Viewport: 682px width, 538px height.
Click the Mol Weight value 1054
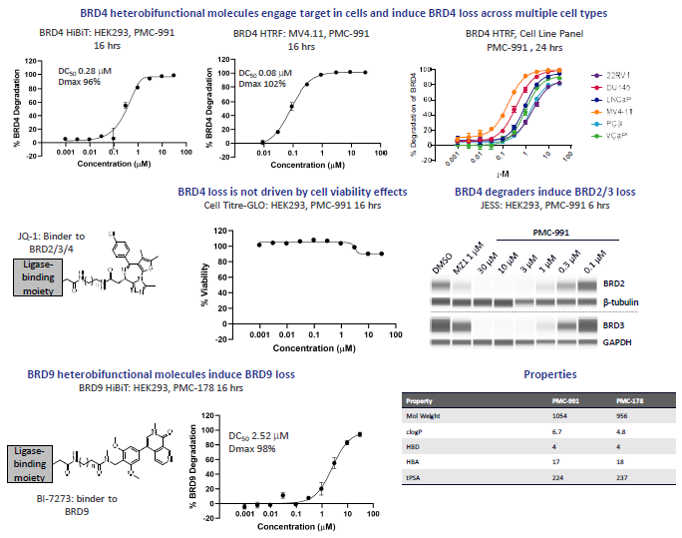(x=559, y=413)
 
